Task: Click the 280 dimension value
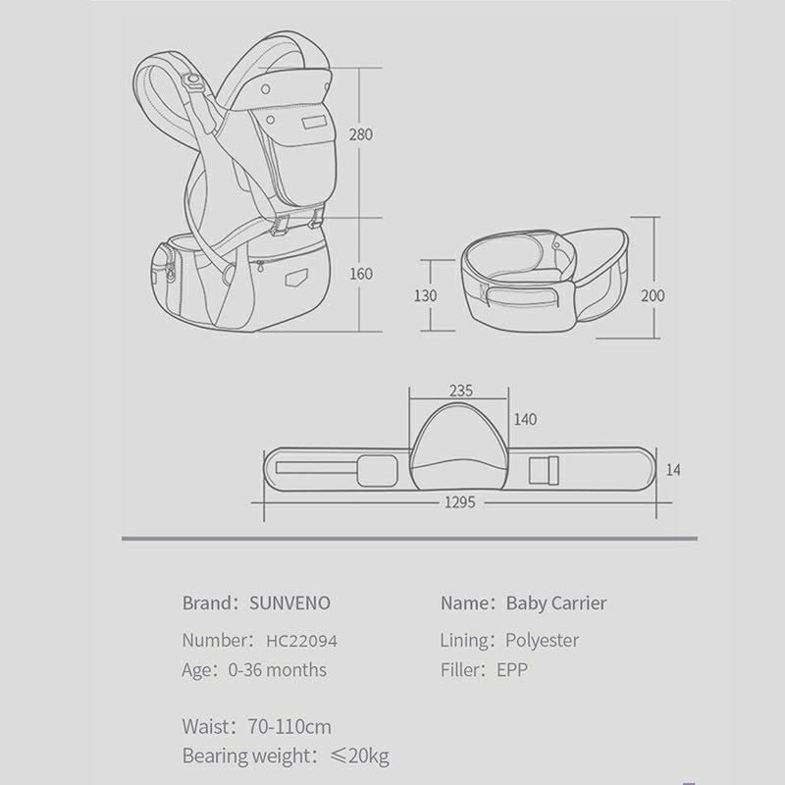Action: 361,134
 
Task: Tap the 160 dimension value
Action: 361,274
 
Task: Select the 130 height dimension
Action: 426,295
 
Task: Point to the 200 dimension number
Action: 653,295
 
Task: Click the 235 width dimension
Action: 460,391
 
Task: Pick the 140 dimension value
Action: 525,419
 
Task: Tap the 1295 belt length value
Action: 460,502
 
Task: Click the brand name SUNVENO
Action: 289,603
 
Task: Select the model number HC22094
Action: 301,641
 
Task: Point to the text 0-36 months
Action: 278,670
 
